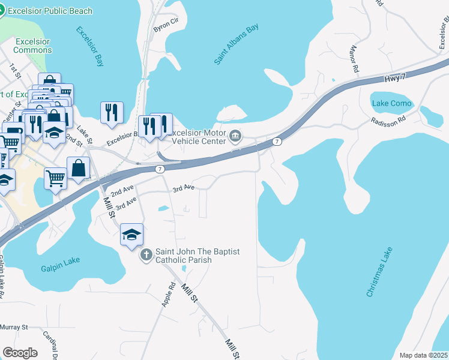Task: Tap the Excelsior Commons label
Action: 33,46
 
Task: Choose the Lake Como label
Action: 392,103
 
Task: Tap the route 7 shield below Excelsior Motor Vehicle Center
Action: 160,170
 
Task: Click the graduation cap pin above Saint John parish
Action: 132,235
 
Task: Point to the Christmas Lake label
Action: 379,271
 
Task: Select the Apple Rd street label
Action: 167,294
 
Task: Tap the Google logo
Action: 20,352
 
